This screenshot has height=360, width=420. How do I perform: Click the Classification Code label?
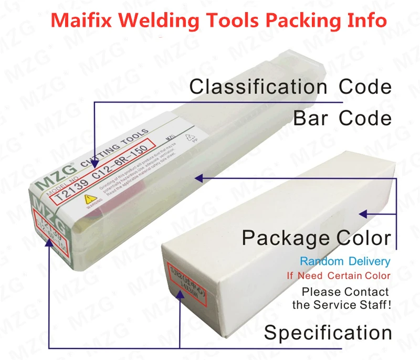tap(290, 87)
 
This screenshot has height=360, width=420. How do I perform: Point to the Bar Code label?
tap(342, 118)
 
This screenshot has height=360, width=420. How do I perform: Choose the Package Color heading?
tap(316, 238)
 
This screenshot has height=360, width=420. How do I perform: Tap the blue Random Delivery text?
tap(345, 261)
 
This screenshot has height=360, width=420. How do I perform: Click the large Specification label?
tap(328, 332)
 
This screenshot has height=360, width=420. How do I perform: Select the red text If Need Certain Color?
tap(338, 276)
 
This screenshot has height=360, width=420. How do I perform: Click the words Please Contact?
tap(345, 292)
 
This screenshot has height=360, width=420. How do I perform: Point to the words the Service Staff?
tap(342, 305)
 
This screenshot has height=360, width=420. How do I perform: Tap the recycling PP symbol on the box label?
tap(190, 138)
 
